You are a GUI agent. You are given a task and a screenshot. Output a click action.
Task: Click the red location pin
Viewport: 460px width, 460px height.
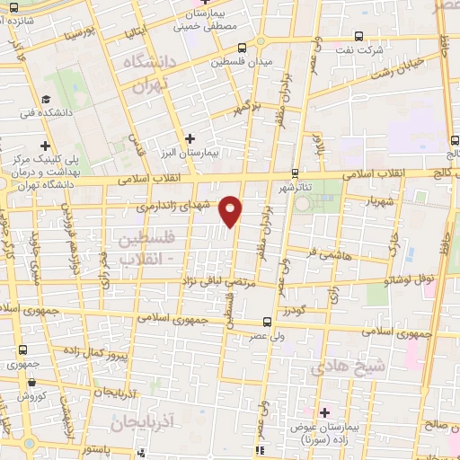[232, 210]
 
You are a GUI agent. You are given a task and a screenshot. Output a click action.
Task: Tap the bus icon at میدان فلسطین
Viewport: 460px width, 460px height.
[259, 41]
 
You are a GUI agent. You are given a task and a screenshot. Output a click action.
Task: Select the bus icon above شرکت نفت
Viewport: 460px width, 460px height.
[359, 37]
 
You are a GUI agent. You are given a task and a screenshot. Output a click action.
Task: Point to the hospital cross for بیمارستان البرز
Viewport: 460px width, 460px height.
[189, 138]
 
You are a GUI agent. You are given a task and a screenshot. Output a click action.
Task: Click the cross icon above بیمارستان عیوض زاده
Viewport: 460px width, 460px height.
[324, 411]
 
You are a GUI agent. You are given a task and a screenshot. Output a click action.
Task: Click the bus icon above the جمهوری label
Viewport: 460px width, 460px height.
[20, 350]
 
